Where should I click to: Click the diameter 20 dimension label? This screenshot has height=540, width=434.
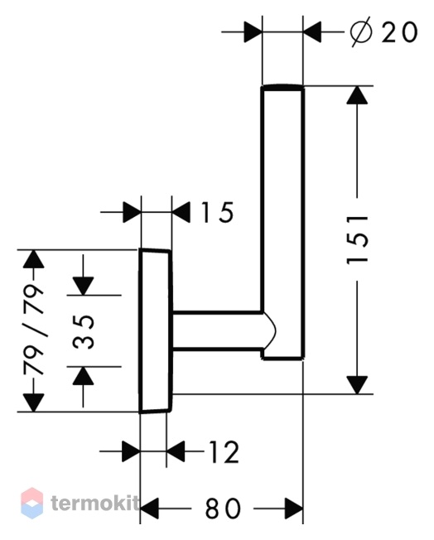pyautogui.click(x=383, y=32)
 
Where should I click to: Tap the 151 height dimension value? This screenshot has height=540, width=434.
pyautogui.click(x=357, y=239)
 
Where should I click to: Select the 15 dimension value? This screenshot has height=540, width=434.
pyautogui.click(x=217, y=212)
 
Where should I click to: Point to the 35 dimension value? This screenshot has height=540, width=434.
pyautogui.click(x=84, y=331)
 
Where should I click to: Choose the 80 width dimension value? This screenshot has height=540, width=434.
pyautogui.click(x=223, y=508)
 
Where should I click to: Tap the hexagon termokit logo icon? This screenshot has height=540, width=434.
pyautogui.click(x=32, y=503)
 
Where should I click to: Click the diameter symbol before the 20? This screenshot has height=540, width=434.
pyautogui.click(x=361, y=32)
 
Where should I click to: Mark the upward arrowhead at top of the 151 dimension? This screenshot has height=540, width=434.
pyautogui.click(x=357, y=95)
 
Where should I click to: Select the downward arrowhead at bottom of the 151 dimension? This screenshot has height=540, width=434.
pyautogui.click(x=357, y=384)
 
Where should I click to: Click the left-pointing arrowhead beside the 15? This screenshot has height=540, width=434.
pyautogui.click(x=181, y=212)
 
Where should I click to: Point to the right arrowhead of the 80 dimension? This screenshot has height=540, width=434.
pyautogui.click(x=294, y=508)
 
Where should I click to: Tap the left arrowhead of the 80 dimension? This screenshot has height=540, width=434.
pyautogui.click(x=149, y=508)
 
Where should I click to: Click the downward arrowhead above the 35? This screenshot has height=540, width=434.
pyautogui.click(x=83, y=286)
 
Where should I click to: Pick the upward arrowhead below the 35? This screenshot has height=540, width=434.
pyautogui.click(x=83, y=376)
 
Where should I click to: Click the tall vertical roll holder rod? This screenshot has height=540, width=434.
pyautogui.click(x=282, y=222)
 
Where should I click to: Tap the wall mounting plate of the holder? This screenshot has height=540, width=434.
pyautogui.click(x=156, y=330)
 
